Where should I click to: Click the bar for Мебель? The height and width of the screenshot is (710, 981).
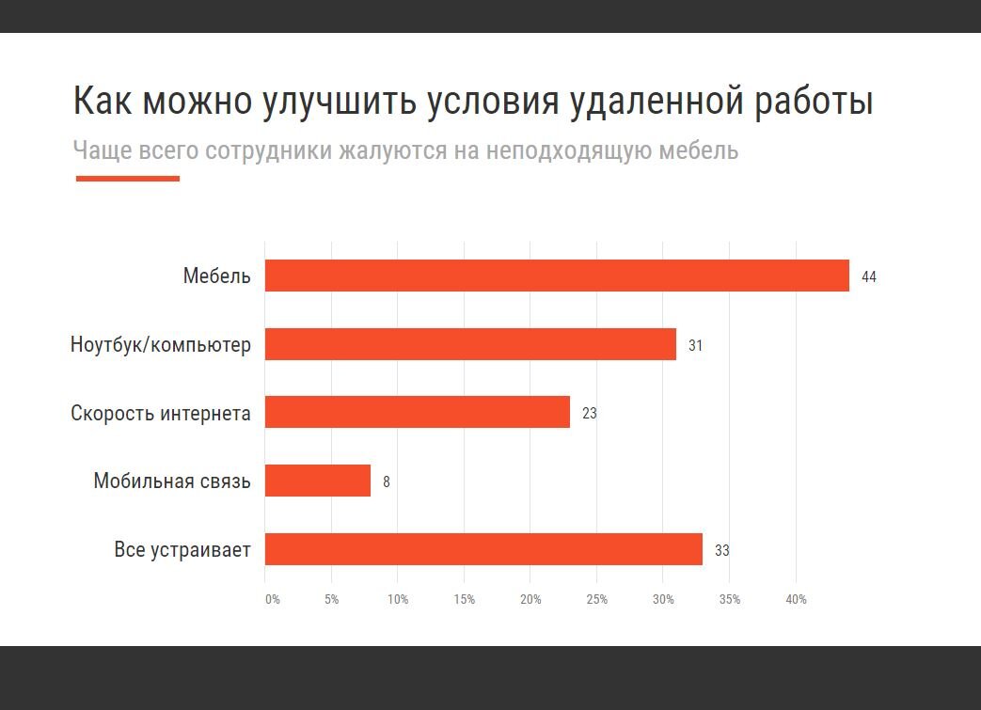(x=557, y=276)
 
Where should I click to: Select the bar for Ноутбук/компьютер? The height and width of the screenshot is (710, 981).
(x=470, y=344)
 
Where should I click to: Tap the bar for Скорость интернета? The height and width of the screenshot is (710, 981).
(x=417, y=412)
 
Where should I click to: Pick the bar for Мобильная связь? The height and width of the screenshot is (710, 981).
(x=317, y=481)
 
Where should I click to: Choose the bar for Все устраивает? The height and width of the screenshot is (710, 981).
(x=483, y=549)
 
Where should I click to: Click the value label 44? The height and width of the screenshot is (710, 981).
(x=868, y=277)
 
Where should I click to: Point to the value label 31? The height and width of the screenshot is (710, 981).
(x=695, y=346)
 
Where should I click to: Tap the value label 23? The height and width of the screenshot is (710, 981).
(x=589, y=414)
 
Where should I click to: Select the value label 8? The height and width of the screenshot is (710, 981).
(x=386, y=482)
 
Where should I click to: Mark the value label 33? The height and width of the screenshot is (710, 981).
(x=721, y=551)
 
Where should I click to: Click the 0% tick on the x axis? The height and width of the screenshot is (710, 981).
(x=272, y=600)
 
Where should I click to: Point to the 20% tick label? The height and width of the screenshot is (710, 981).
(x=530, y=600)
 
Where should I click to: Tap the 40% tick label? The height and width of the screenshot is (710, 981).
(x=796, y=600)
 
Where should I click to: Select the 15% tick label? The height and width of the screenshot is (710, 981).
(x=464, y=600)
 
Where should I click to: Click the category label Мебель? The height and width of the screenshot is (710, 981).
(x=216, y=276)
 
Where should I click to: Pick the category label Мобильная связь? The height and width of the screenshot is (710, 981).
(x=172, y=481)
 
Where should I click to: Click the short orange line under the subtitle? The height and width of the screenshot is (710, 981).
(x=127, y=178)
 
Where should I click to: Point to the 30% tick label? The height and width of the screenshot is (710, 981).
(x=663, y=600)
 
